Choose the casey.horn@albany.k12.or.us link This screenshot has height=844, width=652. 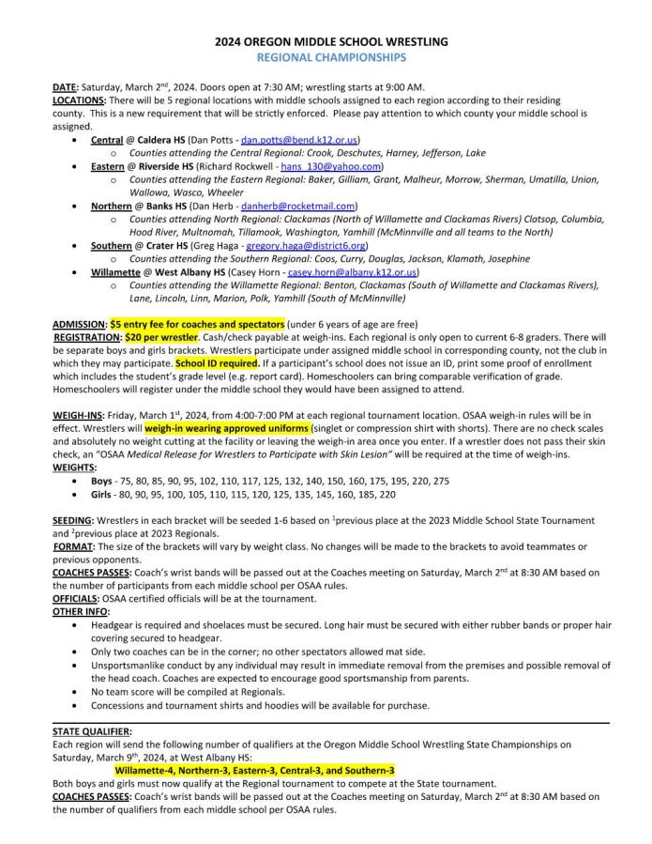pyautogui.click(x=352, y=272)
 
